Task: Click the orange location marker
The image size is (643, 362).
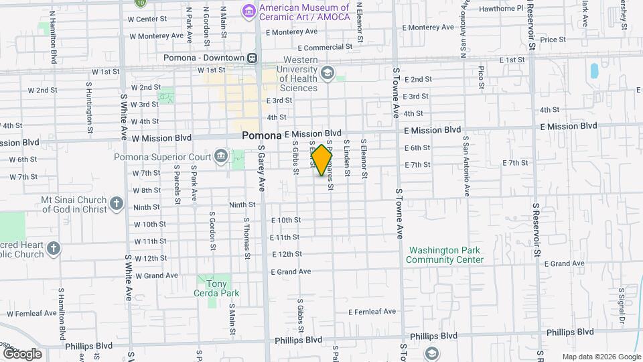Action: [322, 160]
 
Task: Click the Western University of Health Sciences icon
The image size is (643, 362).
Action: [328, 72]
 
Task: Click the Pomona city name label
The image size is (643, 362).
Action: [262, 135]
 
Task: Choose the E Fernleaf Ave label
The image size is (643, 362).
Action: [372, 312]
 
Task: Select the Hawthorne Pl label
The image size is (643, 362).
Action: [501, 9]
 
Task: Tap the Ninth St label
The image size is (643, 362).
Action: [242, 205]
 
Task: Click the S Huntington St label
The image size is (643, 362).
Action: [89, 103]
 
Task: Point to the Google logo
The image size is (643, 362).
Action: [22, 354]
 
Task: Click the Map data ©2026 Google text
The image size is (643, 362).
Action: [601, 357]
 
